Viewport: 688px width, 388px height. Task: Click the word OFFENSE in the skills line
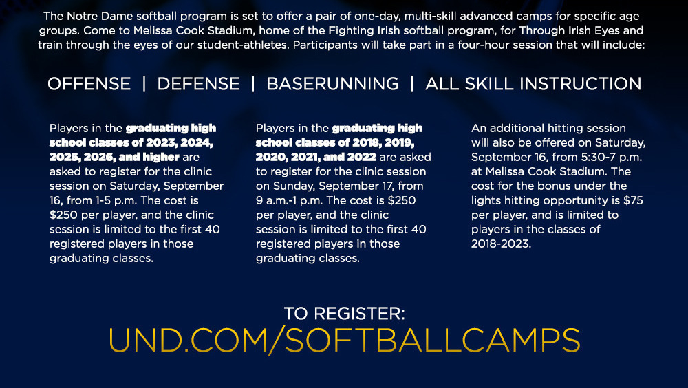pyautogui.click(x=89, y=84)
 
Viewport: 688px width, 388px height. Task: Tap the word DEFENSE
pyautogui.click(x=198, y=84)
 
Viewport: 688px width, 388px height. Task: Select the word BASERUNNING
pyautogui.click(x=332, y=84)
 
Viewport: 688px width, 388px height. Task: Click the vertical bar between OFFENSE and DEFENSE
pyautogui.click(x=144, y=84)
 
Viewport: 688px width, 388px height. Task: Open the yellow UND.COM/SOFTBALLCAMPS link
pyautogui.click(x=345, y=340)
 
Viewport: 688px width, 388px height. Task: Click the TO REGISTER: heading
pyautogui.click(x=345, y=314)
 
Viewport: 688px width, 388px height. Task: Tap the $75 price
pyautogui.click(x=633, y=201)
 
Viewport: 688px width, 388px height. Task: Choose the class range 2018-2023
pyautogui.click(x=501, y=244)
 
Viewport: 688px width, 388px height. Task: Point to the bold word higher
pyautogui.click(x=161, y=157)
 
